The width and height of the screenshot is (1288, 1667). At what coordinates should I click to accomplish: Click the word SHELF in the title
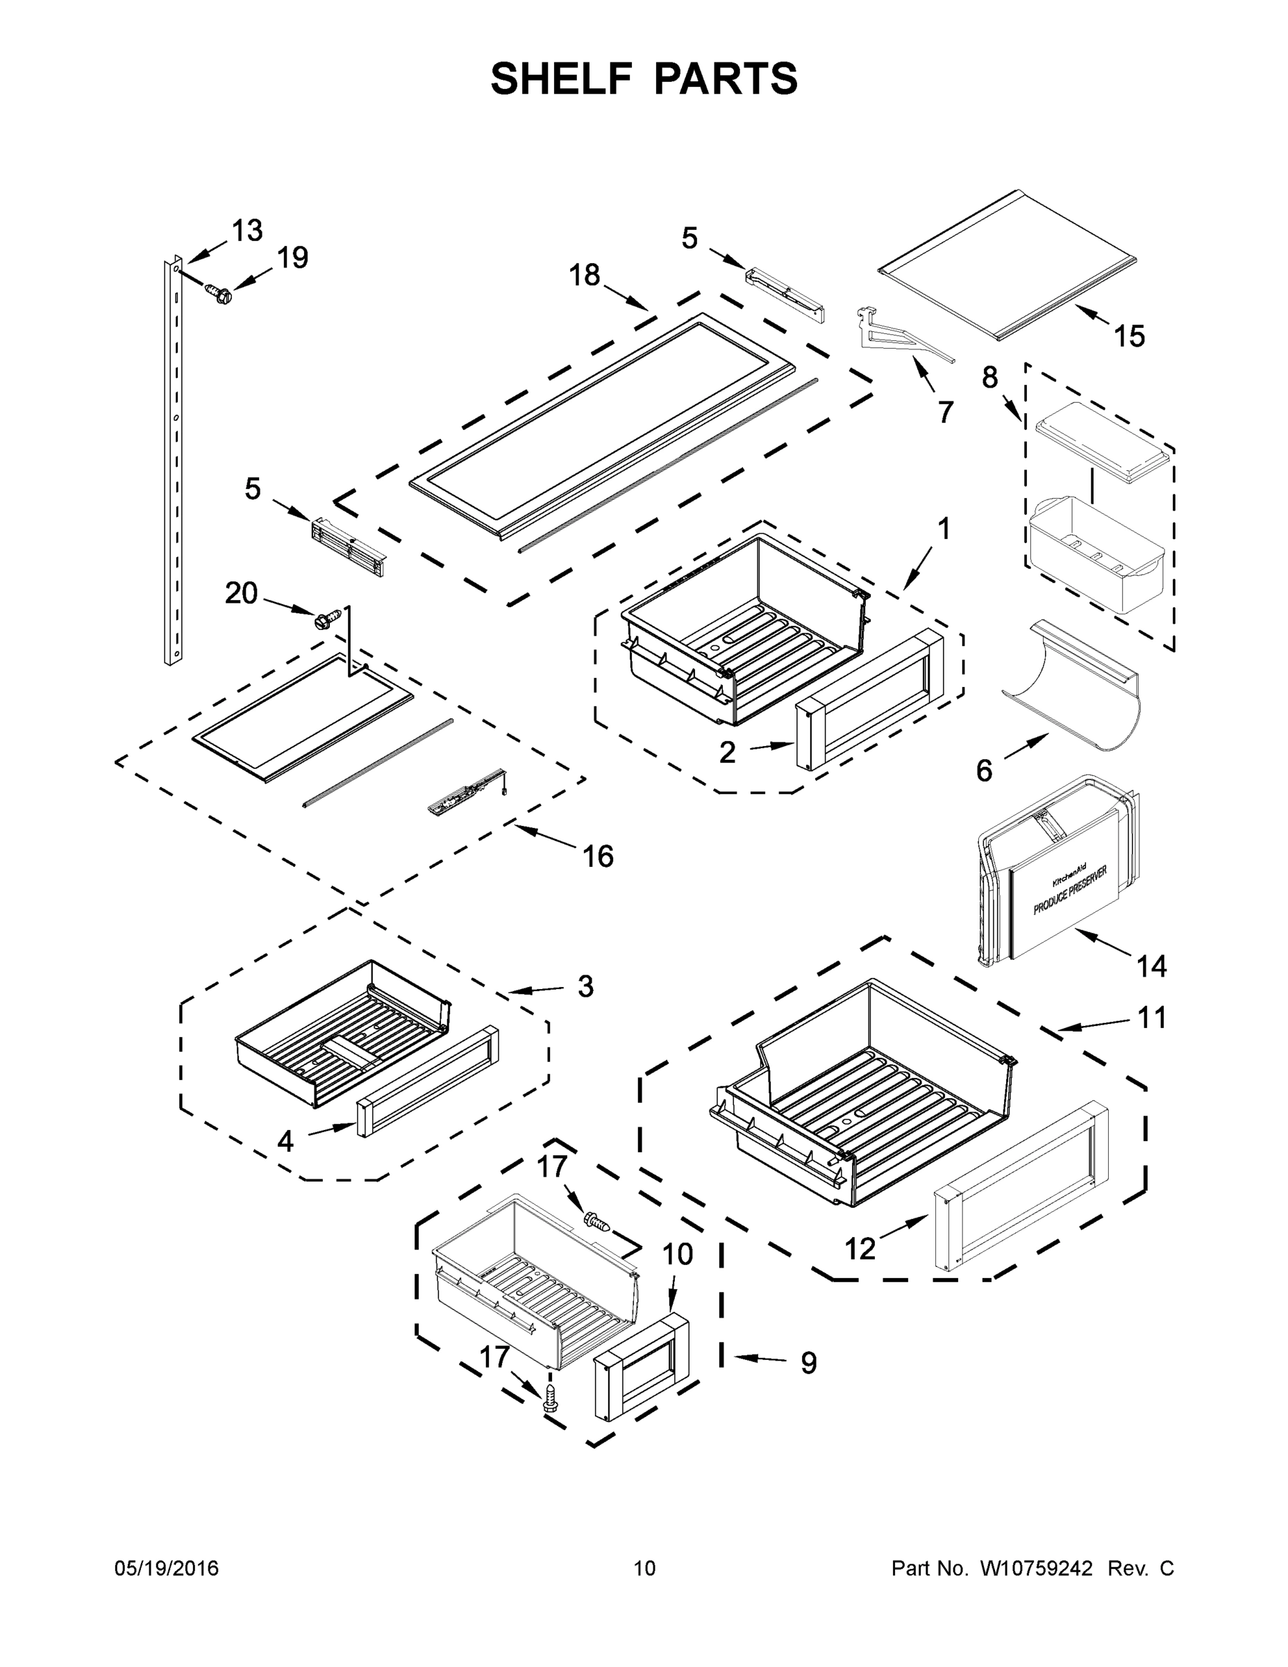[x=562, y=79]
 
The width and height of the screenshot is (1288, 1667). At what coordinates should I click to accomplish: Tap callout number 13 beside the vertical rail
[x=246, y=231]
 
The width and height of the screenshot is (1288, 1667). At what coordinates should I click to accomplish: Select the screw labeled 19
[x=217, y=293]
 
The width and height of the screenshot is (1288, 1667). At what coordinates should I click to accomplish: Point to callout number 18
[x=585, y=275]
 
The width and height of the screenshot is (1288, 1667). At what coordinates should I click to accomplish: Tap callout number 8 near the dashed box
[x=989, y=377]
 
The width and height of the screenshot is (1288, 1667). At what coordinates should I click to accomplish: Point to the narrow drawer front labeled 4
[x=427, y=1091]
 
